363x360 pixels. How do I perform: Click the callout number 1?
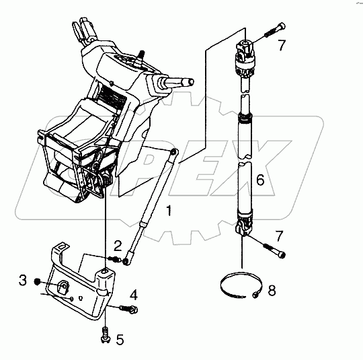click(x=169, y=211)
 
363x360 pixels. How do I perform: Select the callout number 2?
click(x=118, y=246)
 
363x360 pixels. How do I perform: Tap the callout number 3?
click(x=23, y=280)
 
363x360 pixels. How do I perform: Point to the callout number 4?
click(x=134, y=295)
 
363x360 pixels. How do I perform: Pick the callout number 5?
click(x=120, y=340)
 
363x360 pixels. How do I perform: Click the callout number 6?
click(x=260, y=180)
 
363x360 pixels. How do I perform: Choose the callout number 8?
click(x=272, y=290)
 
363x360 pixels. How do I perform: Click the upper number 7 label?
click(x=282, y=45)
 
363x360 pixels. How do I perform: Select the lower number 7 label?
click(x=279, y=236)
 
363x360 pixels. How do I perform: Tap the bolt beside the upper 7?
click(x=275, y=30)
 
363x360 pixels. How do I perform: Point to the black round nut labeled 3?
click(x=37, y=282)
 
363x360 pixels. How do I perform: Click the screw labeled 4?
click(x=128, y=309)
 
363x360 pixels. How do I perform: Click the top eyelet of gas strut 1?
click(x=173, y=152)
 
